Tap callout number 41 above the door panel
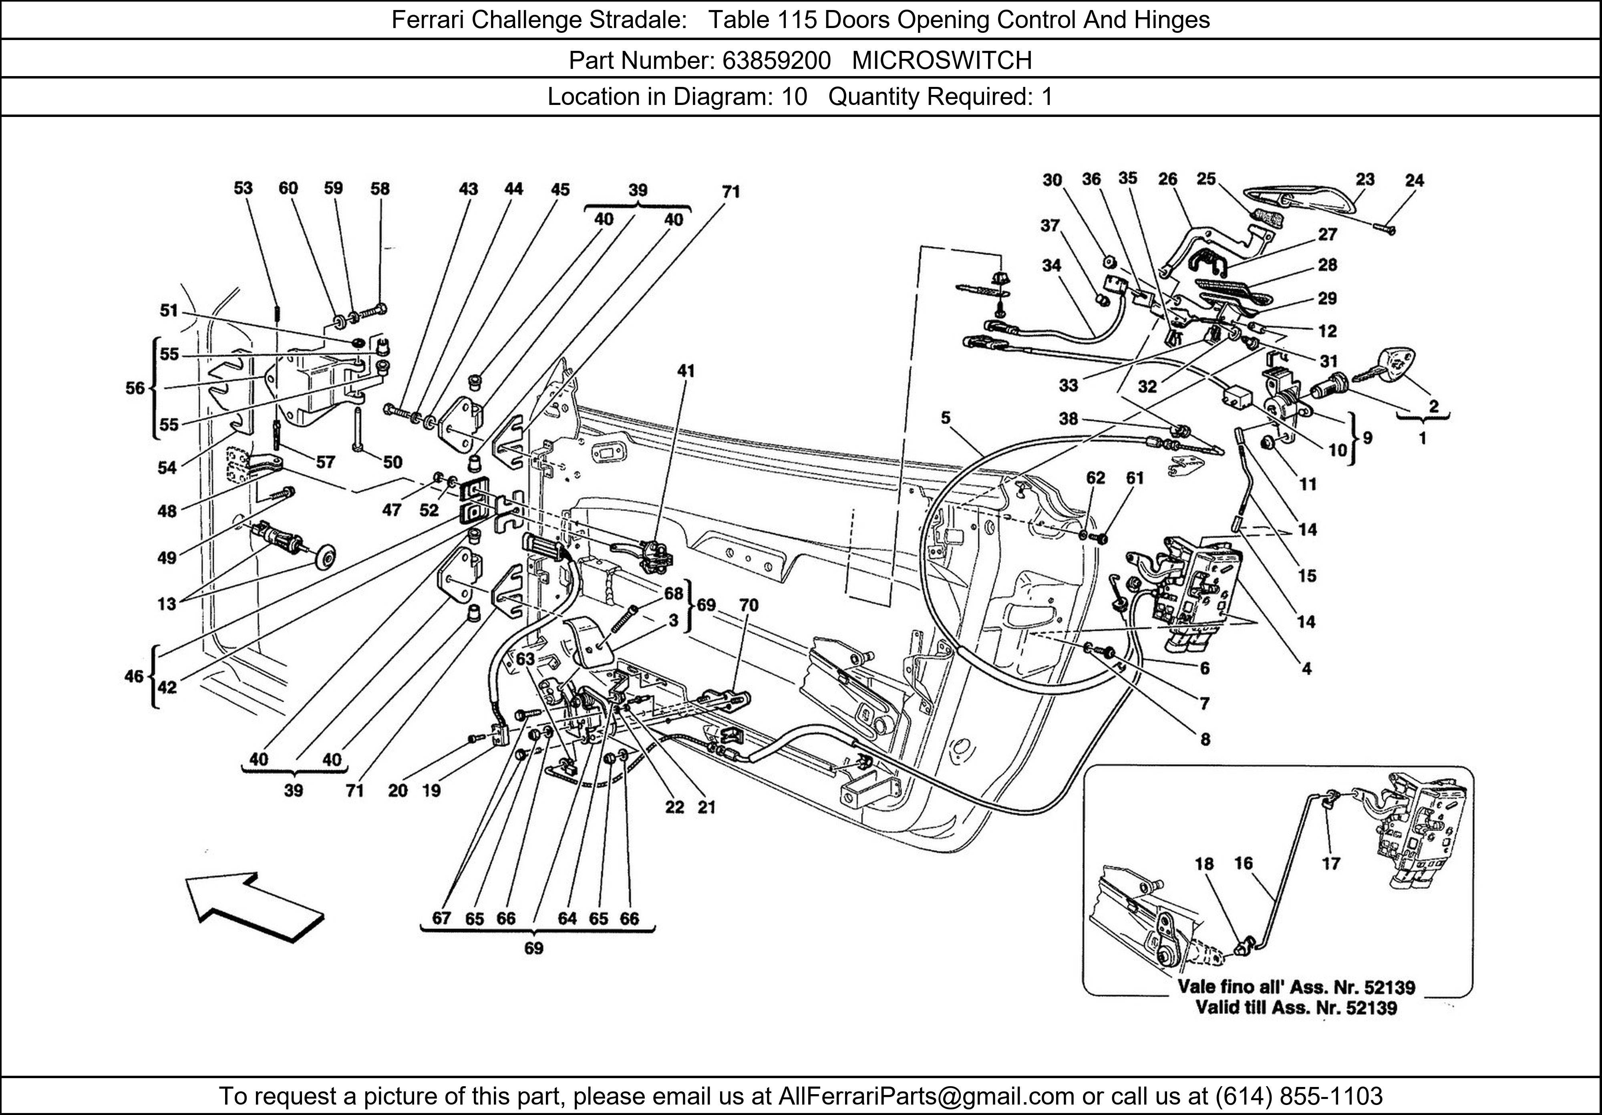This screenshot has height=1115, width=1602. coord(686,371)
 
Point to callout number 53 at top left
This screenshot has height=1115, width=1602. coord(243,188)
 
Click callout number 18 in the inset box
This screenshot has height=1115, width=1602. coord(1204,864)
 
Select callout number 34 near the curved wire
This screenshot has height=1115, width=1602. coord(1051,266)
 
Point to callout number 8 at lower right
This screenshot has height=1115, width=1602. coord(1205,740)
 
